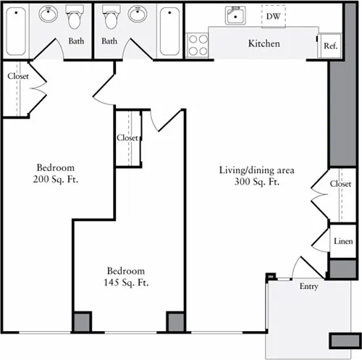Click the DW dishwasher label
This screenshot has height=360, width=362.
[274, 17]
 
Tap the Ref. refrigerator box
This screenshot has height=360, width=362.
[329, 46]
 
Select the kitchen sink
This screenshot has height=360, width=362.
[235, 15]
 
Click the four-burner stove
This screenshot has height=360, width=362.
[198, 45]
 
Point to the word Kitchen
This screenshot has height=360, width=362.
[264, 43]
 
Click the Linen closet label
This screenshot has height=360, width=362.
[343, 241]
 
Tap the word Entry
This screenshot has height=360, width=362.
[308, 287]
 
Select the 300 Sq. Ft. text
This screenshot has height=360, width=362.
[257, 182]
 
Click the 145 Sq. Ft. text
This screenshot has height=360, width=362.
[126, 282]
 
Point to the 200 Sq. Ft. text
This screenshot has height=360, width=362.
[56, 180]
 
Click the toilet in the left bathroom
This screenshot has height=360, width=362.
[75, 17]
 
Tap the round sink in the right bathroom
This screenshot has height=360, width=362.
[138, 14]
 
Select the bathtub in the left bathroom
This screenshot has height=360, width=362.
[16, 31]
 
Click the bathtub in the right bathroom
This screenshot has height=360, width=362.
[169, 31]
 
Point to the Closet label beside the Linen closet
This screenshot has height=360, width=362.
[340, 184]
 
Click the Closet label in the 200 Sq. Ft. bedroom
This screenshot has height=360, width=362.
[18, 76]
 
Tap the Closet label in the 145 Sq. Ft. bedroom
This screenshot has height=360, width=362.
[127, 138]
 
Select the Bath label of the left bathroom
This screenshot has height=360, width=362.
[76, 41]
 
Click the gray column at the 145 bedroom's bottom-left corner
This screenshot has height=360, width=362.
[82, 322]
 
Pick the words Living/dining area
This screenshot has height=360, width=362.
[257, 170]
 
